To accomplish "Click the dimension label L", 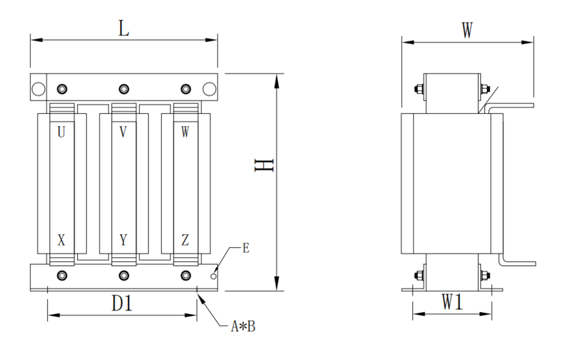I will coord(123,28).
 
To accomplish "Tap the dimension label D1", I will coord(121,304).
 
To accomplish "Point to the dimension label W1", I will coord(453,303).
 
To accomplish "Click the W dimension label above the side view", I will coord(467,31).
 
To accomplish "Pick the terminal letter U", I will coord(61,132).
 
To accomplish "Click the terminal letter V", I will coord(123,132).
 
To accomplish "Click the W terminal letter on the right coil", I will coord(185,132).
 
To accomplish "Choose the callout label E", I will coord(246,249).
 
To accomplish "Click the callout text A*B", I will coord(243,327).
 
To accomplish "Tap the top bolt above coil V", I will coord(123,89).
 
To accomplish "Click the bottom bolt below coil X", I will coord(62,275).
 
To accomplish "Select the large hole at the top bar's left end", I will coord(38,89).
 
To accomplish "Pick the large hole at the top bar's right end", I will coord(209,89).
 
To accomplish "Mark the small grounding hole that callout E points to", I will coord(213,275).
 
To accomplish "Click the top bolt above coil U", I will coord(62,89).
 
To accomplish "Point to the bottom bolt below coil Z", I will coord(185,275).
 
